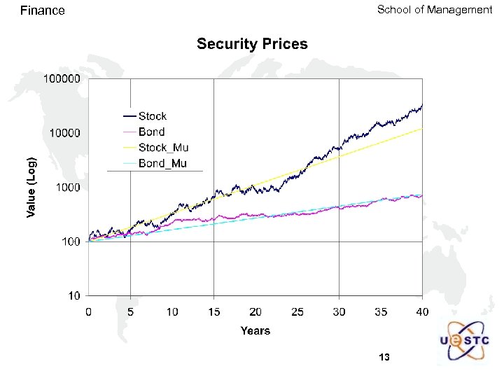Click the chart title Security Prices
(252, 44)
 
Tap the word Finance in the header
(43, 10)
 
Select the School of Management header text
(435, 10)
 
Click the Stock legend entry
(153, 116)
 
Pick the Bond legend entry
(152, 132)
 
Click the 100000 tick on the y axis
(62, 79)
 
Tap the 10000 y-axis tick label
(65, 133)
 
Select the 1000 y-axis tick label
(68, 188)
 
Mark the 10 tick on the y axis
(73, 296)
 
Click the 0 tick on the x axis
(88, 311)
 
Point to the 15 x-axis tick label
(213, 311)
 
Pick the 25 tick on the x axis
(297, 311)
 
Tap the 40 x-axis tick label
(422, 311)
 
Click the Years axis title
(255, 330)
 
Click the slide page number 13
(384, 358)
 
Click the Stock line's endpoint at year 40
(422, 105)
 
